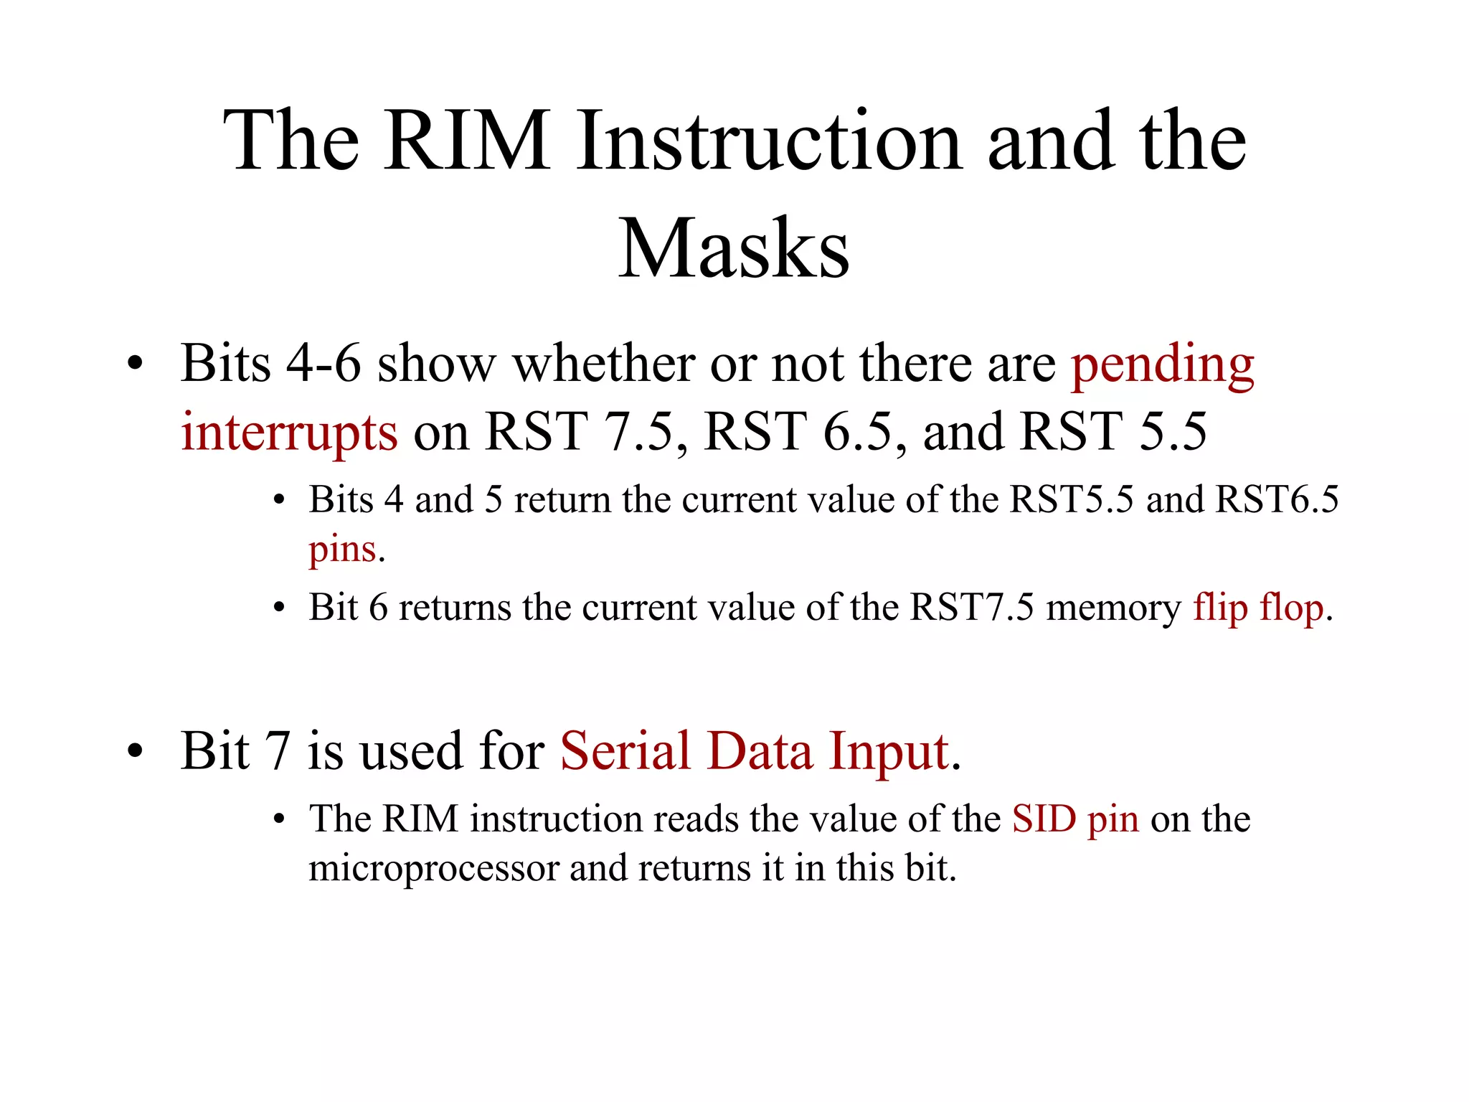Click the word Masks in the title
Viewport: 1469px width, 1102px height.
(734, 249)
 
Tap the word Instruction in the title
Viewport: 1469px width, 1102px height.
(768, 141)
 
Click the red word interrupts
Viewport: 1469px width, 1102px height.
(289, 433)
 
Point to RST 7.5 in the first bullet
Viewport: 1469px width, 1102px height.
(579, 433)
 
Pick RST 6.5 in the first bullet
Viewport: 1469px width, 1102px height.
(798, 433)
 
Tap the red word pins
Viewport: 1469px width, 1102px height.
(342, 550)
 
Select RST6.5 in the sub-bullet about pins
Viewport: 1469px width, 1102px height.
(1277, 499)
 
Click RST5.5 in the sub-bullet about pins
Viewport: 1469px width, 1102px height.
(1071, 499)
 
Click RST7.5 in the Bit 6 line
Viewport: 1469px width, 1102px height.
(972, 608)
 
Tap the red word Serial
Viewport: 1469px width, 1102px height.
(625, 752)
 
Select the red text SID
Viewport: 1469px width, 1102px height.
(1044, 819)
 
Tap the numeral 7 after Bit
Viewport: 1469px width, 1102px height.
(277, 752)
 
